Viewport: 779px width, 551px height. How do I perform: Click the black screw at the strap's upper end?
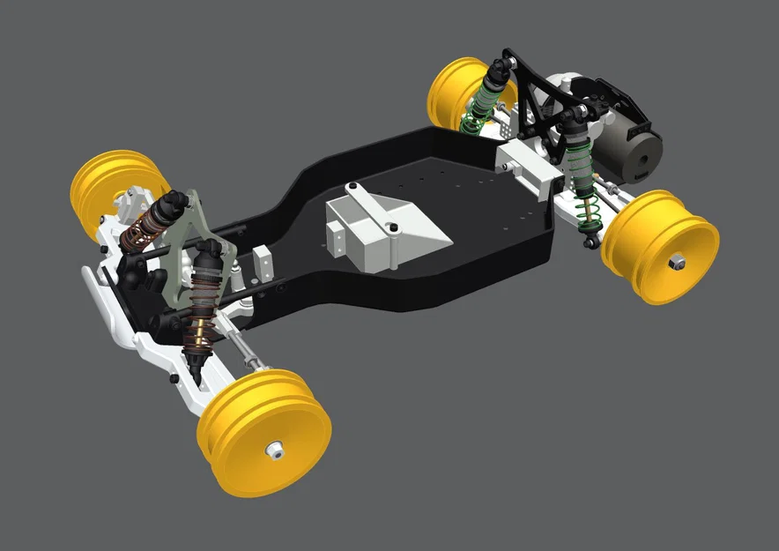click(x=352, y=188)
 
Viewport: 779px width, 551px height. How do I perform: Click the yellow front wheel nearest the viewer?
click(x=264, y=432)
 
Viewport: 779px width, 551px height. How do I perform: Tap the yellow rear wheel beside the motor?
click(x=661, y=246)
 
